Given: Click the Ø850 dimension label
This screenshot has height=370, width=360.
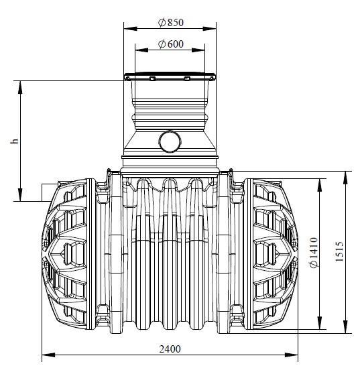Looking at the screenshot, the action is (171, 23).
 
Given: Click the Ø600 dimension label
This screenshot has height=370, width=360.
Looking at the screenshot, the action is (171, 44).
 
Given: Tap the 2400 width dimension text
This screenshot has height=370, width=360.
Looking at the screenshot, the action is (170, 349).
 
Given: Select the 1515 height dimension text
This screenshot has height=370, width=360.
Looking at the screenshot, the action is (339, 251).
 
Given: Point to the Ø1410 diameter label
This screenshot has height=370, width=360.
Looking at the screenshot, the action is (314, 253).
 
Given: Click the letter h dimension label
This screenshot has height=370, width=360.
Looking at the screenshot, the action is (15, 141).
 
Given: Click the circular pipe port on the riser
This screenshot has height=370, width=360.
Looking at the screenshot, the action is (170, 142).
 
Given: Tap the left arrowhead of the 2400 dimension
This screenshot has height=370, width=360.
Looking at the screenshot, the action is (48, 355).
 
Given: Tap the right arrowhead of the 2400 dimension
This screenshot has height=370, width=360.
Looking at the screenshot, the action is (292, 355).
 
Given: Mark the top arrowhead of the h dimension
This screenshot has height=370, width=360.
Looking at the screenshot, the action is (21, 87).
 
